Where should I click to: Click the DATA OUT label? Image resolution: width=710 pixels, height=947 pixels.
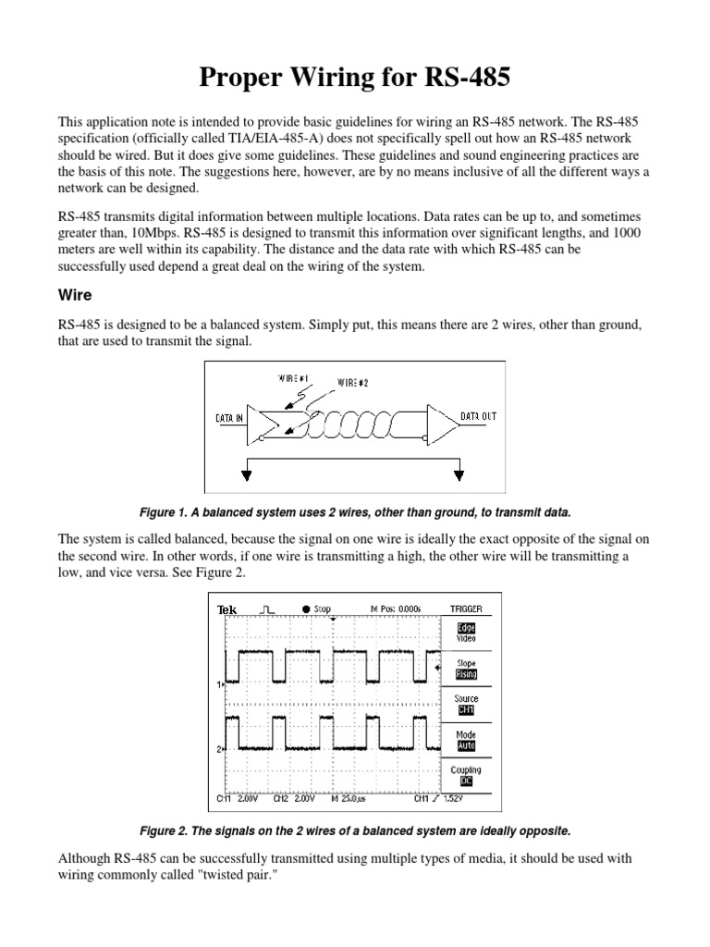(x=478, y=417)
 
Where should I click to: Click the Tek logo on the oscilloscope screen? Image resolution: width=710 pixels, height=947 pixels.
(x=226, y=609)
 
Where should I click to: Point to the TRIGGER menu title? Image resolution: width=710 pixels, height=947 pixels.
(x=466, y=609)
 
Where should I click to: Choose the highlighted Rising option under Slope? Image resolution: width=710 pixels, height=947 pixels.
(x=466, y=675)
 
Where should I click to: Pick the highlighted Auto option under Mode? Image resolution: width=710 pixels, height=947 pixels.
(x=466, y=745)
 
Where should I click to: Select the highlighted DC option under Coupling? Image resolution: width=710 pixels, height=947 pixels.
(x=466, y=781)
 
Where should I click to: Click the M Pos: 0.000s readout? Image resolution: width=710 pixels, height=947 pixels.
(x=395, y=609)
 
